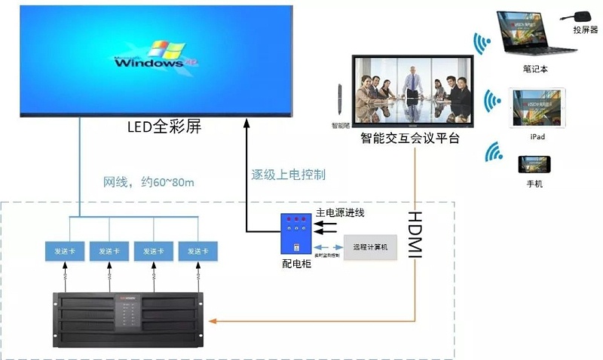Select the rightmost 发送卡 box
198,251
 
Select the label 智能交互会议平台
410,139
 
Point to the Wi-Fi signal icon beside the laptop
481,44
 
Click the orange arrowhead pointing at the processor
215,322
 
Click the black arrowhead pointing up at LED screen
246,123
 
